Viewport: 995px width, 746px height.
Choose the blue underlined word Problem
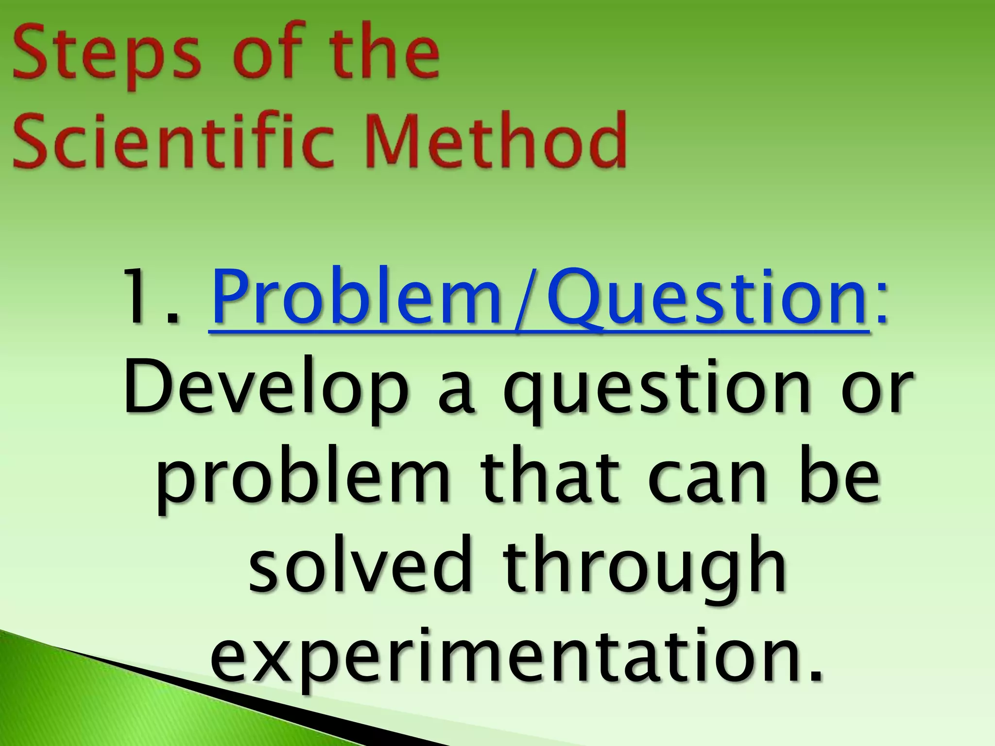(358, 299)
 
